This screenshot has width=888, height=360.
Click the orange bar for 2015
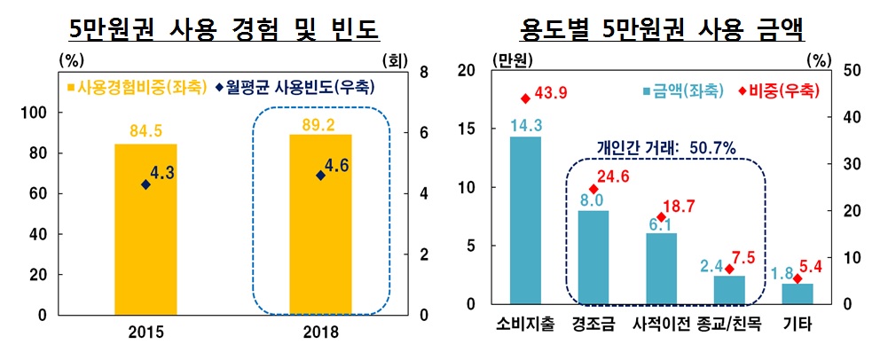146,229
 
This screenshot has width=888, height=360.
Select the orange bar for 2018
320,224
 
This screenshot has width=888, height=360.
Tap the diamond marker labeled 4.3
146,184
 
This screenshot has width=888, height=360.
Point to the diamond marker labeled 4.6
321,176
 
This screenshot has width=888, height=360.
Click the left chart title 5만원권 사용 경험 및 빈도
225,30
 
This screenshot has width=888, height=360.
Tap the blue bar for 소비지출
525,220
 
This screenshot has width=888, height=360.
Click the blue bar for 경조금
593,257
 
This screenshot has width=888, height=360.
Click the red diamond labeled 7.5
729,269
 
